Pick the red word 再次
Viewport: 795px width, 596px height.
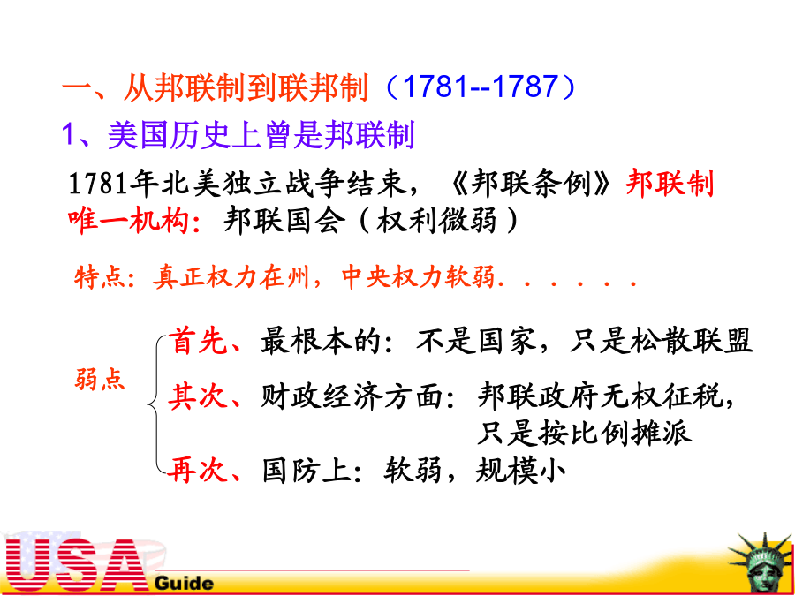coord(198,471)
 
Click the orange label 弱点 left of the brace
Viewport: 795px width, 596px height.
coord(100,378)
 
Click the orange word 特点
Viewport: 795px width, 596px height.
coord(99,277)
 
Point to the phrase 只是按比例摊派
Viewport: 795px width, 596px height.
coord(585,434)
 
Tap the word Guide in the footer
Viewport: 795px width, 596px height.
coord(184,583)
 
